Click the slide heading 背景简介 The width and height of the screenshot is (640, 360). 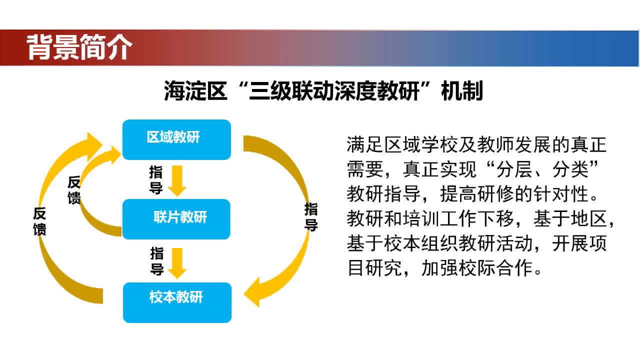[x=79, y=47]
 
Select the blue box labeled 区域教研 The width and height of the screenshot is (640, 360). [x=176, y=139]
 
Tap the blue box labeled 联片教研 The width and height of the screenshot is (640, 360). [x=176, y=219]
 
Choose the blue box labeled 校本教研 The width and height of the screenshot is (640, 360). [x=177, y=302]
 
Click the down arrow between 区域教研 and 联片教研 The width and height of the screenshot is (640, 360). [x=177, y=180]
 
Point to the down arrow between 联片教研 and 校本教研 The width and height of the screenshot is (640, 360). [x=177, y=263]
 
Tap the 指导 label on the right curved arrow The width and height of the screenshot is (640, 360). [x=311, y=217]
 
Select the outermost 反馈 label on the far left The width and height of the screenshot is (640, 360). [x=39, y=221]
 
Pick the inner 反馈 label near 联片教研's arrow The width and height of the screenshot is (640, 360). [x=74, y=190]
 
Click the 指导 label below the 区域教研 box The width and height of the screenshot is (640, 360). [x=156, y=180]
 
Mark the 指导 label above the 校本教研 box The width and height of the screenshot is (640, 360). [x=157, y=261]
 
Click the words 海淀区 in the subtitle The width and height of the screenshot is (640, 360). [x=195, y=91]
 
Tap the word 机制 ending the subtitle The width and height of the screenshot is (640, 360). [x=462, y=91]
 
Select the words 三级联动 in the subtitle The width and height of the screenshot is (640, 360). [x=291, y=91]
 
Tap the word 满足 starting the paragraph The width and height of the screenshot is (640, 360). [x=365, y=144]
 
